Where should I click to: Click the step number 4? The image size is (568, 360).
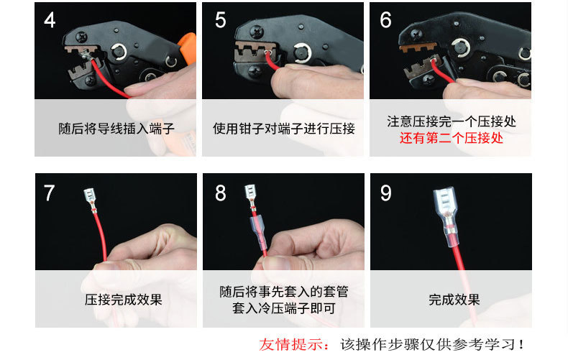coord(50,19)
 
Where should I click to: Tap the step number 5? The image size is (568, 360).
coord(220,19)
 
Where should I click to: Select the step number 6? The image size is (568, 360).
coord(385,19)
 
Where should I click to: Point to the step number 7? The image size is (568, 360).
coord(50,193)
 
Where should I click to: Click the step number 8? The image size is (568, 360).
coord(220,193)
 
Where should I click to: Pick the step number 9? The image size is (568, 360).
coord(386,193)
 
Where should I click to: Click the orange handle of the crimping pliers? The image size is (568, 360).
coord(188,47)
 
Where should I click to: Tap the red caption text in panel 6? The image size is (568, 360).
coord(452,138)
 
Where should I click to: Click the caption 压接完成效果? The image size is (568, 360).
coord(124,300)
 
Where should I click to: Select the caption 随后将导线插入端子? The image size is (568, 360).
coord(116,129)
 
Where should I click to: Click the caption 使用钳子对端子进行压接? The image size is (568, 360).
coord(283,129)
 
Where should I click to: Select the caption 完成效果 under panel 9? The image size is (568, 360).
coord(454,300)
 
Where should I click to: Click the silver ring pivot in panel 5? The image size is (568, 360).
coord(302,53)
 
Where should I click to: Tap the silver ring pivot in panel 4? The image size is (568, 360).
coord(119,52)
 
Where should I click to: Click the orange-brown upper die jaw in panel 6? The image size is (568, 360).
coord(418,47)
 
